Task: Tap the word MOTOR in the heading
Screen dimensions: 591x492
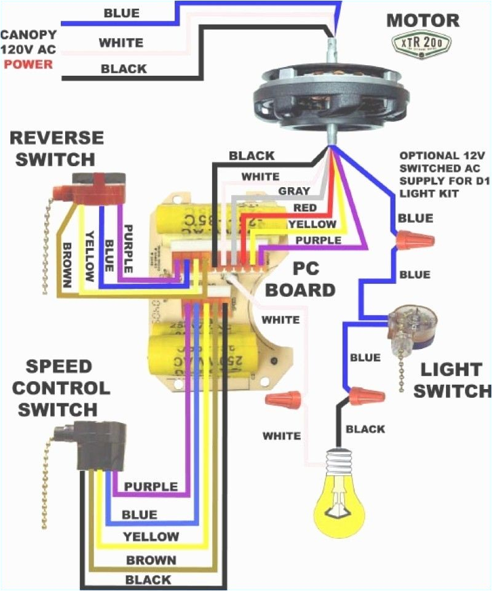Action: (423, 20)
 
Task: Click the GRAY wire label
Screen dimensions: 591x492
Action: (294, 191)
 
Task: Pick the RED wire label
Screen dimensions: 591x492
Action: (305, 208)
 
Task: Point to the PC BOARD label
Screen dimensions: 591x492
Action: (305, 280)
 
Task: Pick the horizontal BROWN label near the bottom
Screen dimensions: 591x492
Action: (151, 560)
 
